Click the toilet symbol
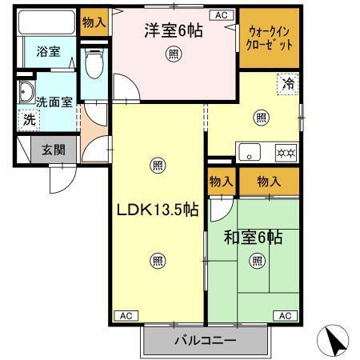[94, 63]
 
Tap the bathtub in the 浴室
[46, 22]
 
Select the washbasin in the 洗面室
[26, 92]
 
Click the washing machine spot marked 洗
[29, 120]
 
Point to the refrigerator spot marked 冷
[288, 84]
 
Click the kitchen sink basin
[250, 152]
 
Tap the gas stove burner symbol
[286, 153]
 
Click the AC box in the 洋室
[222, 15]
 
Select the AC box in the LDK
[126, 316]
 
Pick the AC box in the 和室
[285, 316]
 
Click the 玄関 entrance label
[54, 150]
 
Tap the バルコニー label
[206, 341]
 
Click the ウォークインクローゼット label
[269, 38]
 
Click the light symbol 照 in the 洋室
[174, 54]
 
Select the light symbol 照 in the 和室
[258, 261]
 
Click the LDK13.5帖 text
[158, 210]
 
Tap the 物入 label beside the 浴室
[94, 22]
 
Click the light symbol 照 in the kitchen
[261, 118]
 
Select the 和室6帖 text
[253, 237]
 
